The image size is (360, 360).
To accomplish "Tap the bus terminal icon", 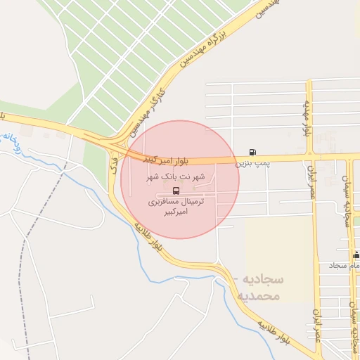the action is [x=175, y=190].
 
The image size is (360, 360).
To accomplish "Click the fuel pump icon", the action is [x=252, y=152].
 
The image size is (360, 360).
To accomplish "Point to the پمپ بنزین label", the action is [x=252, y=164].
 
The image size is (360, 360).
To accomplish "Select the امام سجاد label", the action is [x=344, y=266].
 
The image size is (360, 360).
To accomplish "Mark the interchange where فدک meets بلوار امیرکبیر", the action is [x=112, y=143].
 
